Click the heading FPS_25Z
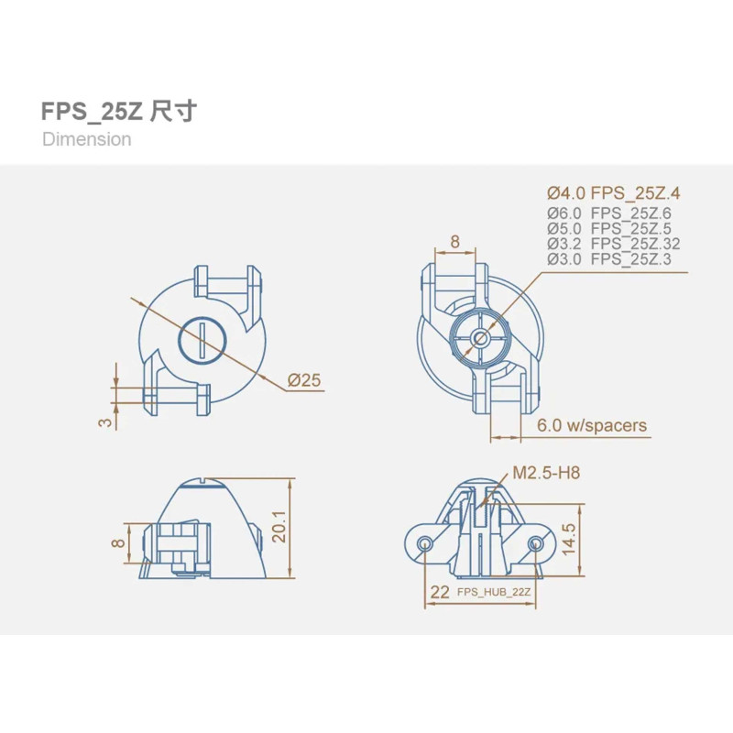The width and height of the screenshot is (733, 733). click(92, 112)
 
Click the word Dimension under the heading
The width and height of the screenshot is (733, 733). click(86, 139)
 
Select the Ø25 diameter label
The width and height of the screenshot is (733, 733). click(304, 380)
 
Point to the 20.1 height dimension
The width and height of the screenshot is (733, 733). click(279, 526)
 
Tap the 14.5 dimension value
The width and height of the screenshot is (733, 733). click(569, 539)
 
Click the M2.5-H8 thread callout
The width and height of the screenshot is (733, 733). click(546, 473)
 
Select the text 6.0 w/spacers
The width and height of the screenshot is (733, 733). click(591, 425)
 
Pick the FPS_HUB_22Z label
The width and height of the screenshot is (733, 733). click(494, 592)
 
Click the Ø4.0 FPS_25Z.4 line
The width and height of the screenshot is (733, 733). click(613, 193)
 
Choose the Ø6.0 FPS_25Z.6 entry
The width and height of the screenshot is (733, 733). click(608, 213)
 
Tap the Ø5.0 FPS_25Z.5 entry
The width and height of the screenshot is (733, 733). click(608, 228)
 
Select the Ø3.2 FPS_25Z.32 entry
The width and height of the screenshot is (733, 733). click(613, 244)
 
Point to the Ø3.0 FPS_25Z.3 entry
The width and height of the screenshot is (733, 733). click(608, 258)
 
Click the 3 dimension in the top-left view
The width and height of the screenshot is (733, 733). click(105, 422)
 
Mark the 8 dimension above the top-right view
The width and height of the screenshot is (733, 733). click(454, 242)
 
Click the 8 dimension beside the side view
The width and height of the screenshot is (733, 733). click(119, 542)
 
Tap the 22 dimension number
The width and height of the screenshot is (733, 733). click(440, 592)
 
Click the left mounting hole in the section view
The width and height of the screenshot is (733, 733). click(425, 543)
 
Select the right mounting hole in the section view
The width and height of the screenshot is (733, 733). click(535, 543)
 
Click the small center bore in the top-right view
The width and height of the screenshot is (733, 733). click(479, 337)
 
